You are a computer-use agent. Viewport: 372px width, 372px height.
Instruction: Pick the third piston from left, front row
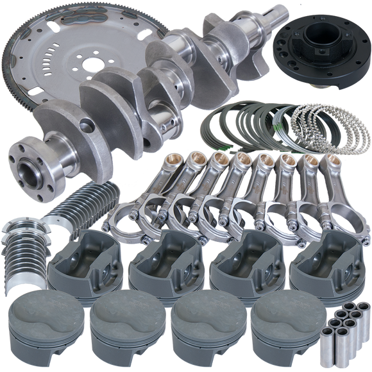pos(199,327)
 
